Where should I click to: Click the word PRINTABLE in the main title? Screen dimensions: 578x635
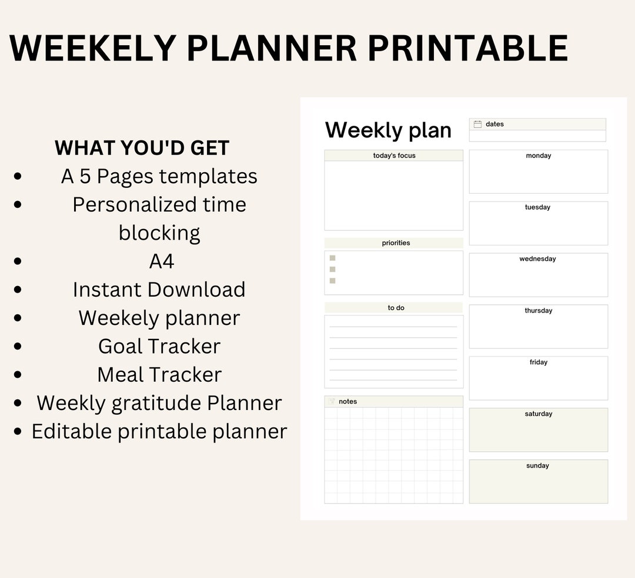click(467, 48)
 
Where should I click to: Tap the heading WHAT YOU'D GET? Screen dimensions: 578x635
click(142, 148)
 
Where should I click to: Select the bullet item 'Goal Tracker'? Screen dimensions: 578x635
click(159, 346)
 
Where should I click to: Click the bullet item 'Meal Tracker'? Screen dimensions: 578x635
click(159, 374)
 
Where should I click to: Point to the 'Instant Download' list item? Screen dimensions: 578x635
click(159, 290)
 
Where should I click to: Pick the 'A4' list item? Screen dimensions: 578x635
click(162, 261)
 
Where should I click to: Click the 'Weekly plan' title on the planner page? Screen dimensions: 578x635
click(388, 130)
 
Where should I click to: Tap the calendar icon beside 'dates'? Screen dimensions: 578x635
click(477, 124)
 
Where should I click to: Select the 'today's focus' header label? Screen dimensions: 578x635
click(394, 156)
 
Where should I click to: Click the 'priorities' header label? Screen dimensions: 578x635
click(396, 243)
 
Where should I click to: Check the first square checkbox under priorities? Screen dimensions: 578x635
click(332, 258)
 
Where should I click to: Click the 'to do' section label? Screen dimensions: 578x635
click(396, 308)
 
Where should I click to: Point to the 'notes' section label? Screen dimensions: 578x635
click(347, 402)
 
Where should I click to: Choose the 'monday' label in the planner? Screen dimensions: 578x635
click(538, 156)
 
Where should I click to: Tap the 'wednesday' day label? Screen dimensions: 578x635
click(537, 259)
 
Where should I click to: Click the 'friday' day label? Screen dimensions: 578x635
click(538, 362)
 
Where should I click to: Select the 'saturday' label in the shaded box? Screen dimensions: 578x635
click(538, 414)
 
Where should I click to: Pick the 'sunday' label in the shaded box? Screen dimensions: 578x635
click(537, 466)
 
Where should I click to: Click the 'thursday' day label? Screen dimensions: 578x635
click(538, 311)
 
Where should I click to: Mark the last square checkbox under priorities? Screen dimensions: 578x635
click(332, 281)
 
